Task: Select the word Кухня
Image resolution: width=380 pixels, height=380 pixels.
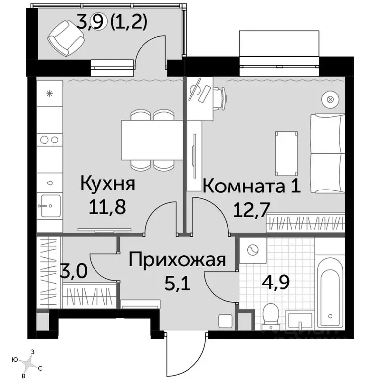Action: coord(107,185)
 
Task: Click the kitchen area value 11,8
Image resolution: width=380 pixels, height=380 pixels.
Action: coord(107,205)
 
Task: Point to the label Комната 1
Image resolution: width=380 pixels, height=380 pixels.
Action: coord(251,187)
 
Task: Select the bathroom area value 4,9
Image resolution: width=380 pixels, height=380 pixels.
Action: coord(273,285)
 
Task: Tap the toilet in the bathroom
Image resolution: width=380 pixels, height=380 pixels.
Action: coord(271,315)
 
